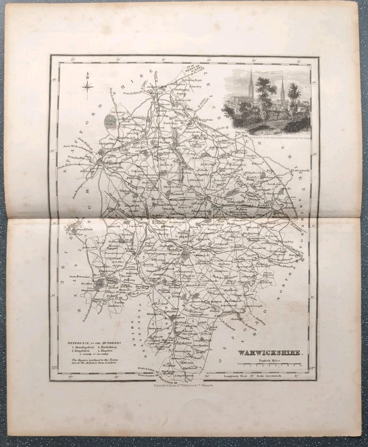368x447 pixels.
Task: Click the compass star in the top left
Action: coord(87,85)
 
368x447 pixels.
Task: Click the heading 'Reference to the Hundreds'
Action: coord(94,343)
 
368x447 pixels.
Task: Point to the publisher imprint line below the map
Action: coord(184,384)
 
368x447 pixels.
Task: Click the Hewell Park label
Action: coord(74,229)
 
